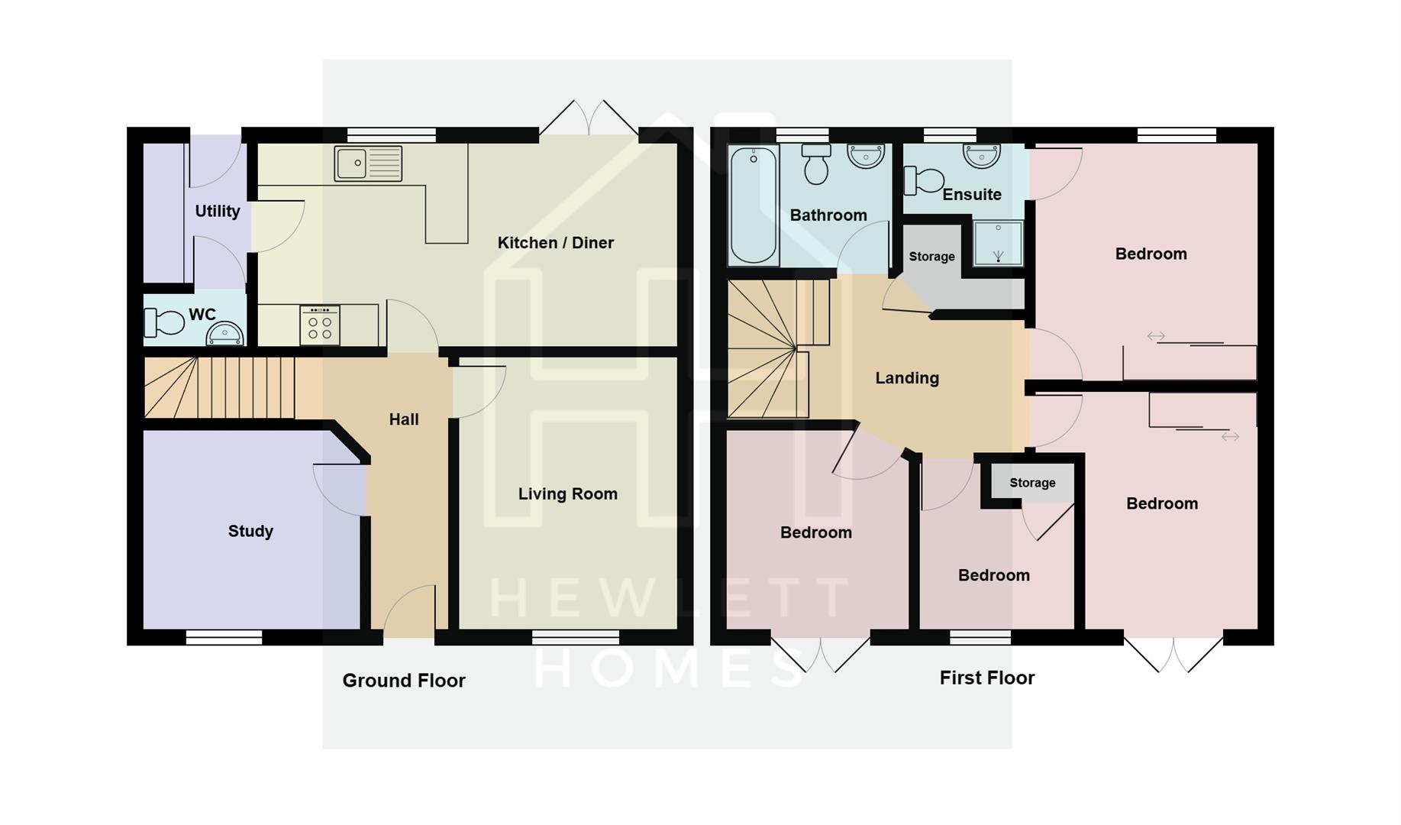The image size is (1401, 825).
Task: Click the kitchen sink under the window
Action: coord(368,163)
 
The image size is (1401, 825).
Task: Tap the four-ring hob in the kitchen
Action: coord(320,326)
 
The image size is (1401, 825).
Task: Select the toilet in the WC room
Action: coord(163,322)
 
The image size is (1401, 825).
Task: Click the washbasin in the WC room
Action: coord(225,335)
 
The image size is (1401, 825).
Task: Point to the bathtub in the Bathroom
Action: coord(754,205)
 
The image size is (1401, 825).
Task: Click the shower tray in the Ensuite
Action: coord(998,244)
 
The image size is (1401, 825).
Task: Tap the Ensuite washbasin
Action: coord(982,156)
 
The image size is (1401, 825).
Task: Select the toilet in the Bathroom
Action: coord(816,163)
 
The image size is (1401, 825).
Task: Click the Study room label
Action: coord(250,531)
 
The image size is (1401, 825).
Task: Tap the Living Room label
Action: coord(567,493)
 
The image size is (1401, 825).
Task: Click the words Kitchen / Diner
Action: coord(555,243)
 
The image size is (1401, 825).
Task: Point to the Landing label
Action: coord(906,377)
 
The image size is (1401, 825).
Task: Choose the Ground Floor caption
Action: coord(403,680)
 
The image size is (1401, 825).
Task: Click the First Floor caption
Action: coord(986,678)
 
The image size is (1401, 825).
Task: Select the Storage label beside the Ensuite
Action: coord(931,257)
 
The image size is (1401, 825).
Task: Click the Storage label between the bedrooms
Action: coord(1031,483)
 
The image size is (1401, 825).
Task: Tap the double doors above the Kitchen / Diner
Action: coord(589,120)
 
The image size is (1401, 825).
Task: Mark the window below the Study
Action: coord(224,637)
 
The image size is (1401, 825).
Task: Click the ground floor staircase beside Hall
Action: coord(219,388)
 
